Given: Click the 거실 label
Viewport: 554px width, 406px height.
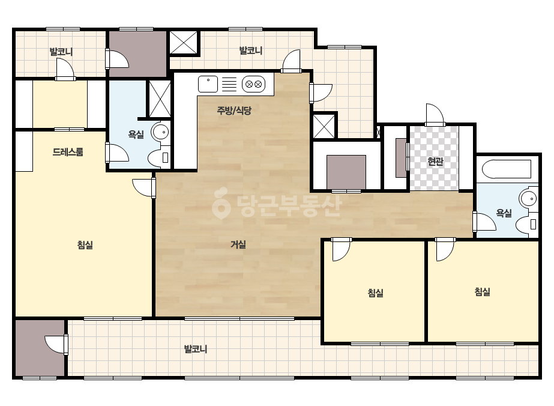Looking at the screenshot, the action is point(238,244).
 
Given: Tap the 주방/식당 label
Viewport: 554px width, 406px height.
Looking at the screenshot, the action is point(234,111).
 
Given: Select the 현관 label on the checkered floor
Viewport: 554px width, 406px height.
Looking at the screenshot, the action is point(435,162).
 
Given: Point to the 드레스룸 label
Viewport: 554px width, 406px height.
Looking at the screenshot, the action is point(68,152).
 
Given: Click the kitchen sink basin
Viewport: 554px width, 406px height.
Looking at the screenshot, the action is point(208,84).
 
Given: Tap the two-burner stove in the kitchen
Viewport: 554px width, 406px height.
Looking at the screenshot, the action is point(253,84).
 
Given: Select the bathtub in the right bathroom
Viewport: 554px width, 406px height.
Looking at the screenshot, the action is point(507,169).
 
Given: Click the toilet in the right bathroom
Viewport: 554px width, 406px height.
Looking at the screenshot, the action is point(527,224).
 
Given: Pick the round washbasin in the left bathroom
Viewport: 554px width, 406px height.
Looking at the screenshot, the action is point(161,132).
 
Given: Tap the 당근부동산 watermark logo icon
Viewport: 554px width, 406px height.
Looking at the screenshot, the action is point(221,203).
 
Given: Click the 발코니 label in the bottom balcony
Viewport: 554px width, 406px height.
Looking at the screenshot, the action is point(196,349).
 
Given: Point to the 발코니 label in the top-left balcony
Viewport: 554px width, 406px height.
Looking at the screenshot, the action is point(61,52).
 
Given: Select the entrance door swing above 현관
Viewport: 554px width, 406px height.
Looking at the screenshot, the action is point(435,114).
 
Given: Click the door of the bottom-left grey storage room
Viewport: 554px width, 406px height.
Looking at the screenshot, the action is point(56,344).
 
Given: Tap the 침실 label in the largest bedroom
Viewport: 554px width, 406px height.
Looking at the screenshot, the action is point(85,244).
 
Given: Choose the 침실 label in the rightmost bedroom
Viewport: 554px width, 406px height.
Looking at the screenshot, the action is point(482,292).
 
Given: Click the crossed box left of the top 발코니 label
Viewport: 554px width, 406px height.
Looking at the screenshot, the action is point(184,43).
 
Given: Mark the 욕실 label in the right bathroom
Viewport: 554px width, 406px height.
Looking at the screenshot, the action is point(504,213).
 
